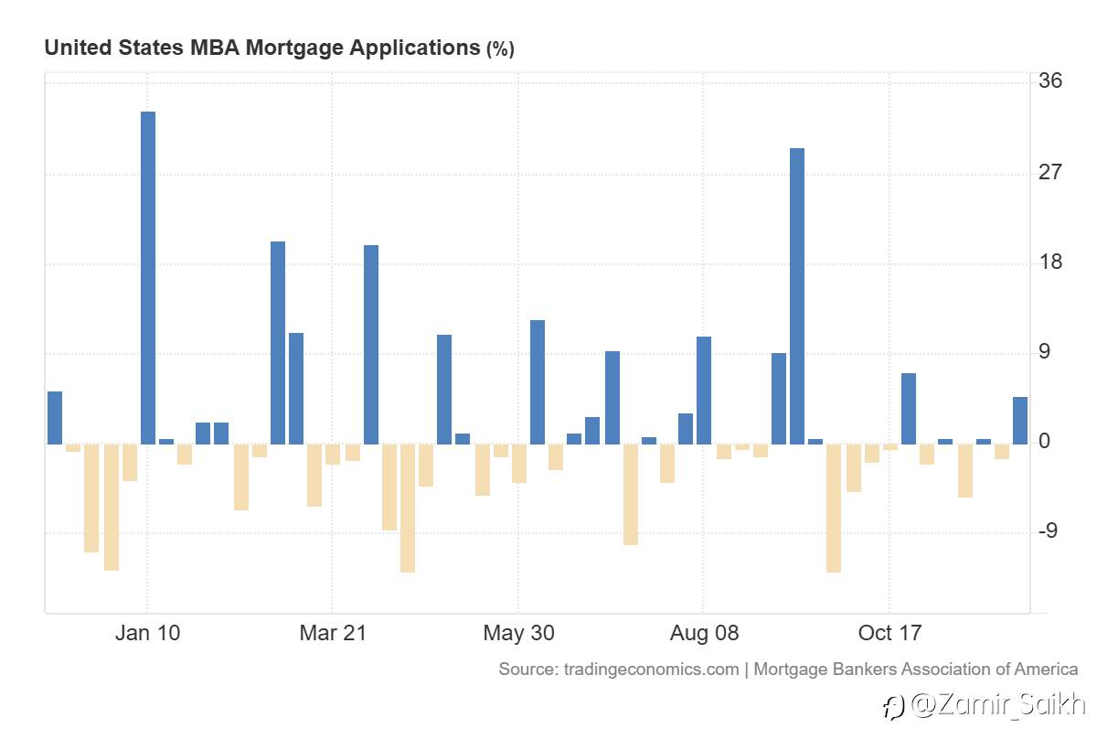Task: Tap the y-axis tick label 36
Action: click(1050, 81)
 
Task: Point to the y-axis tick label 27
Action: click(1050, 172)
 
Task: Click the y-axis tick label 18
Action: click(1050, 262)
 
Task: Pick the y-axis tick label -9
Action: click(1050, 532)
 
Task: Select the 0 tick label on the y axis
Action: click(1045, 443)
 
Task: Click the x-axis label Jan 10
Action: click(147, 633)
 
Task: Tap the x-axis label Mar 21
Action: click(332, 633)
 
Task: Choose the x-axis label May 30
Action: click(518, 633)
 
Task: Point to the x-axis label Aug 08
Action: click(704, 633)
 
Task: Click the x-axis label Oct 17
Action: click(889, 633)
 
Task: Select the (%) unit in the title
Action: click(500, 49)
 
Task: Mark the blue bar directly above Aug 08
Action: click(704, 391)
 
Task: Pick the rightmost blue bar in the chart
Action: click(1020, 421)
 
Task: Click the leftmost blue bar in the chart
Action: click(55, 418)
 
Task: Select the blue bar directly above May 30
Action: click(538, 382)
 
